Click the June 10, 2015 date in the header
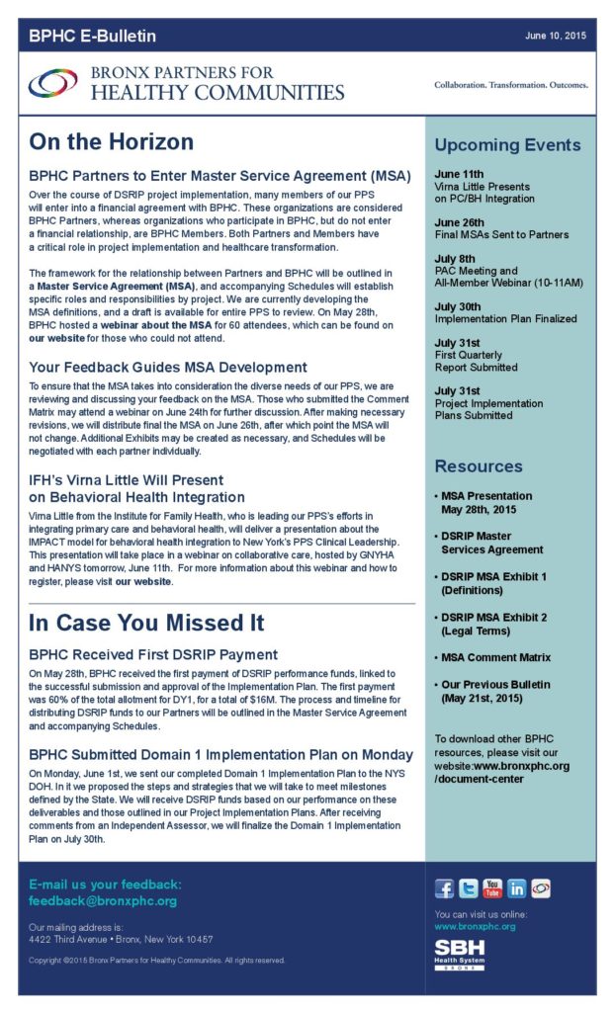pyautogui.click(x=556, y=36)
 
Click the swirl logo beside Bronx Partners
pyautogui.click(x=52, y=83)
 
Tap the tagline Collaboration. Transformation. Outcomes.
pyautogui.click(x=510, y=85)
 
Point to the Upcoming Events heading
pyautogui.click(x=507, y=145)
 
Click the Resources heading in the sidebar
pyautogui.click(x=479, y=466)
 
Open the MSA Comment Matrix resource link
pyautogui.click(x=495, y=657)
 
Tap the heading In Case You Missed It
pyautogui.click(x=146, y=624)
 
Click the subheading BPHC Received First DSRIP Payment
pyautogui.click(x=153, y=654)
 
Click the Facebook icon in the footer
pyautogui.click(x=445, y=888)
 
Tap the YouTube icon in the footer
pyautogui.click(x=492, y=888)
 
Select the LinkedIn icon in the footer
pyautogui.click(x=516, y=888)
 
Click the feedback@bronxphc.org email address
pyautogui.click(x=103, y=901)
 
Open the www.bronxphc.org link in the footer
pyautogui.click(x=475, y=926)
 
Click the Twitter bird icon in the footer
pyautogui.click(x=469, y=888)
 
